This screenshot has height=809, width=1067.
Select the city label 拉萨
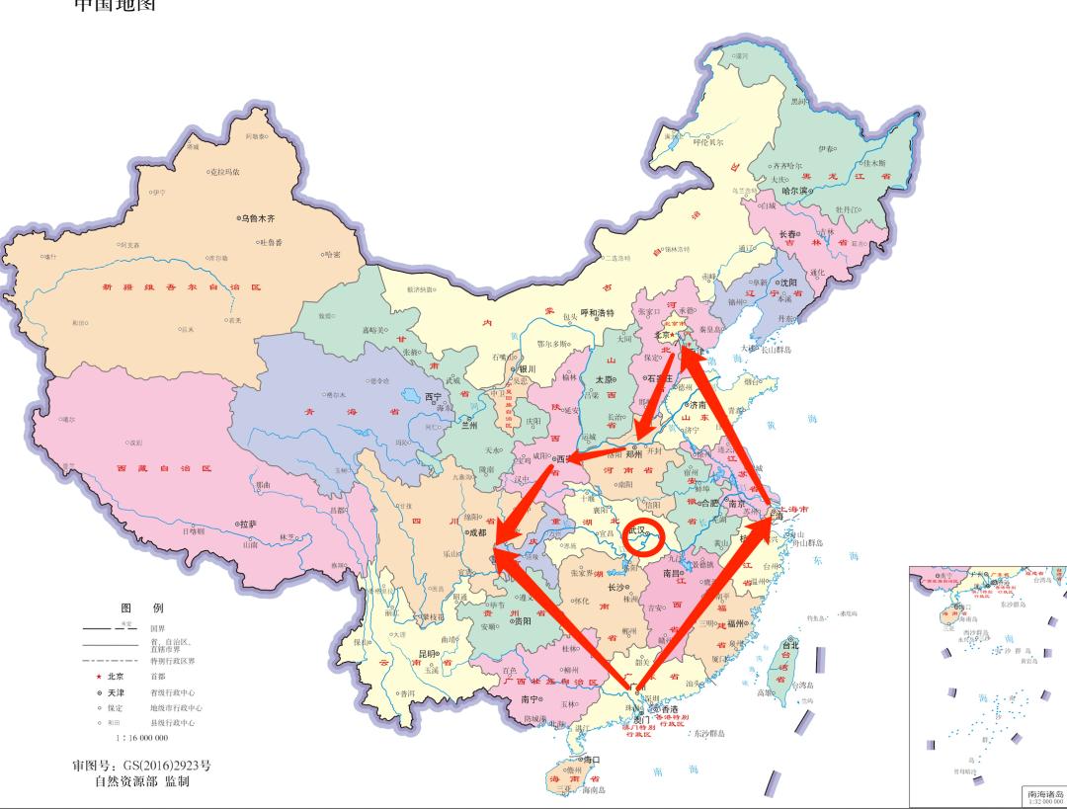click(x=247, y=525)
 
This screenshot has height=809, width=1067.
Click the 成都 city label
click(x=477, y=532)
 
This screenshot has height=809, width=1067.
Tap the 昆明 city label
click(x=427, y=653)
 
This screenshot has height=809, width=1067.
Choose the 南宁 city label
click(x=530, y=699)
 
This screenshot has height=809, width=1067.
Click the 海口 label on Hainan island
click(x=592, y=760)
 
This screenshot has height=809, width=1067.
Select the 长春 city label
click(x=789, y=234)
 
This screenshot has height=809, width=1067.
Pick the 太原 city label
click(x=602, y=379)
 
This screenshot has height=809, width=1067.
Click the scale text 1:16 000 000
click(x=142, y=737)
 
